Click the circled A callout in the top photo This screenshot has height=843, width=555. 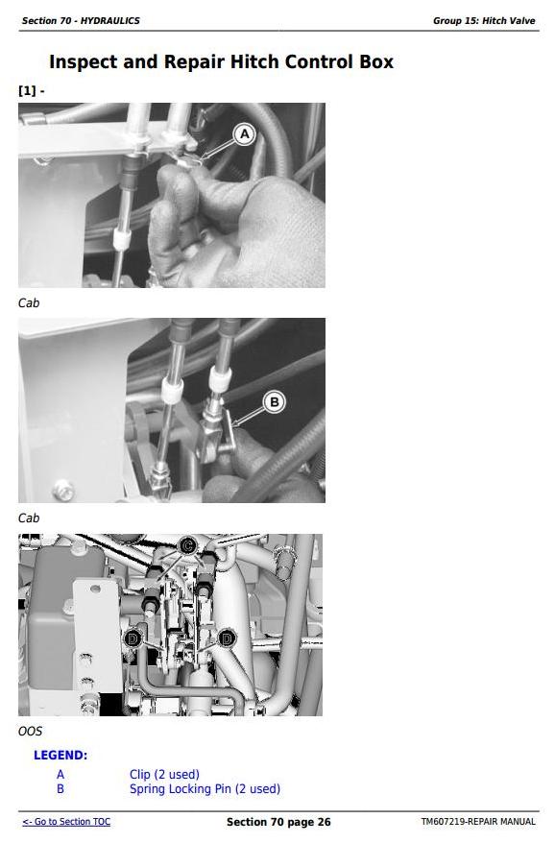(245, 133)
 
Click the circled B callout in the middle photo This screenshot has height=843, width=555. (275, 401)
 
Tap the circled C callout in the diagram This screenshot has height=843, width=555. (186, 546)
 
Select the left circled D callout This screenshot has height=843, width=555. (133, 638)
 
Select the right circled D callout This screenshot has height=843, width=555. (227, 638)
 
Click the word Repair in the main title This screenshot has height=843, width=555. (194, 62)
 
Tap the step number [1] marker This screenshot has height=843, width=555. (27, 90)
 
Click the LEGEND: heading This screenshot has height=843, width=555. (60, 755)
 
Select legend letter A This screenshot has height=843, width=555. (60, 774)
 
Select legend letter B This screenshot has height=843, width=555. (60, 788)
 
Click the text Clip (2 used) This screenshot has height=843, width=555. (164, 774)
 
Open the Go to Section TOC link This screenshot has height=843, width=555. (66, 822)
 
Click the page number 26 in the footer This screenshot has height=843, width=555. (325, 822)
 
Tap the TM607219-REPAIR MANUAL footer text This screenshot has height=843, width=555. (478, 822)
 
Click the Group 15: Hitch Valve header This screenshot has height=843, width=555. (484, 21)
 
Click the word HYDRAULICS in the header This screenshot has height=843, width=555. (110, 21)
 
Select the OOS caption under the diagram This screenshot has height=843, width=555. (30, 732)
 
